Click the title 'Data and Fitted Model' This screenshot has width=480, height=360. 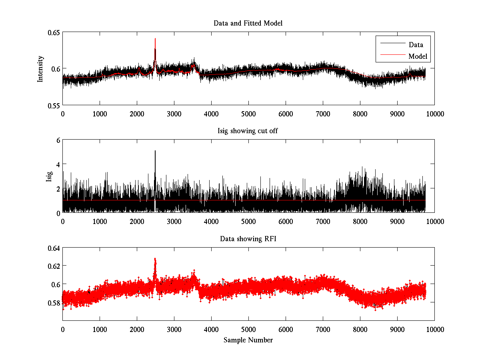point(248,23)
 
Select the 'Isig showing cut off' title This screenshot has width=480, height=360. point(248,131)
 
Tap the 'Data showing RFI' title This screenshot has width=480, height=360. point(248,239)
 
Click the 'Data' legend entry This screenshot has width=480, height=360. point(416,45)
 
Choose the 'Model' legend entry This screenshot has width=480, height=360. point(418,56)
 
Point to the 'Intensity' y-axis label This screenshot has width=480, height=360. point(40,69)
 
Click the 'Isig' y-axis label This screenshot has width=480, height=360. point(49,176)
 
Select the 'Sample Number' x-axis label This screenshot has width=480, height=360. point(248,340)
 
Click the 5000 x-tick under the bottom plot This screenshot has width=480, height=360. point(248,329)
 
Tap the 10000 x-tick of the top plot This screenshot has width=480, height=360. point(434,114)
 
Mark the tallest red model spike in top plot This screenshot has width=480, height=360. point(155,39)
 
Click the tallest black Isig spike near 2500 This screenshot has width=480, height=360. point(155,151)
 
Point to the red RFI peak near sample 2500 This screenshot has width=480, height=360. point(155,260)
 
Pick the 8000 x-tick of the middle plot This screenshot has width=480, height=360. point(360,221)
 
